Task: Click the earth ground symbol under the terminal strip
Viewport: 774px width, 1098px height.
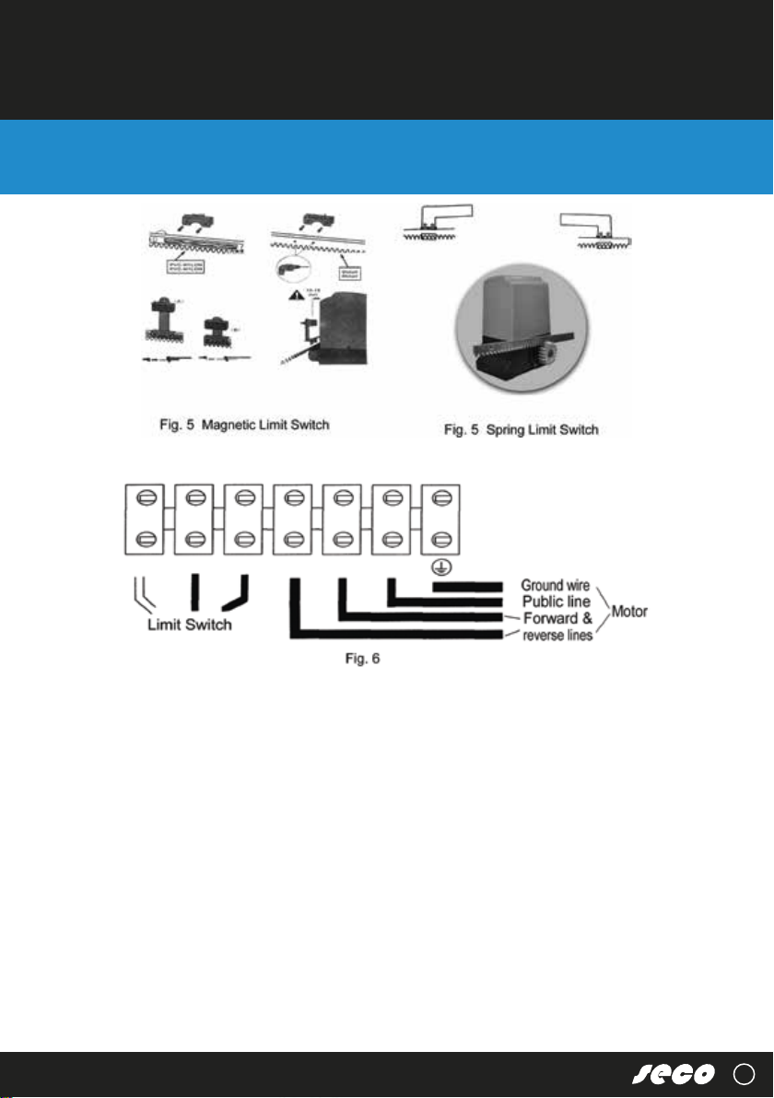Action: pyautogui.click(x=440, y=565)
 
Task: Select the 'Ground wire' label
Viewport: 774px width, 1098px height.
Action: pyautogui.click(x=556, y=585)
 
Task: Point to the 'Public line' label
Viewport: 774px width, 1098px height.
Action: pyautogui.click(x=556, y=602)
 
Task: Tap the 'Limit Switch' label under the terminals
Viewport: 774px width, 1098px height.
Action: pyautogui.click(x=189, y=625)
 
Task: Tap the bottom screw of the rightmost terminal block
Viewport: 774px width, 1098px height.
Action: pyautogui.click(x=440, y=539)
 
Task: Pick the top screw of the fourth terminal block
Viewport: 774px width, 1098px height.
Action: pyautogui.click(x=293, y=501)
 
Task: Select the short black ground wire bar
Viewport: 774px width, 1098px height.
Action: pyautogui.click(x=467, y=586)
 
